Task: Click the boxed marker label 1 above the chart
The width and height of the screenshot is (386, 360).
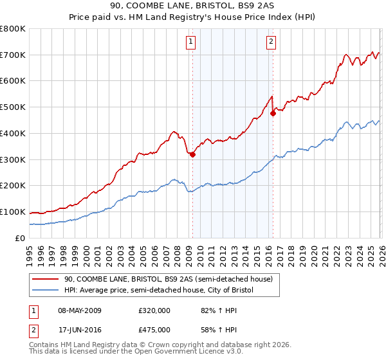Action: (x=192, y=42)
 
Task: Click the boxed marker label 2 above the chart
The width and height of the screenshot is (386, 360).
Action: (x=271, y=42)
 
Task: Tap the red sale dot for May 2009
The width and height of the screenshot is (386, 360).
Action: (x=192, y=154)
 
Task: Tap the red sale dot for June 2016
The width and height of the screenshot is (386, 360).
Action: (x=273, y=114)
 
